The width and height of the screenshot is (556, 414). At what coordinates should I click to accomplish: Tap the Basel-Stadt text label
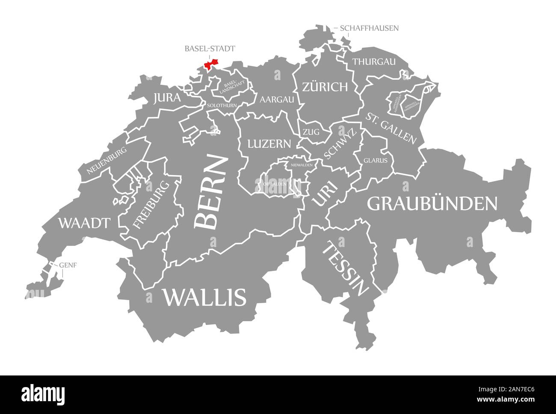pyautogui.click(x=210, y=49)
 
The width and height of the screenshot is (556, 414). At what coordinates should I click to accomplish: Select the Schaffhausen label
pyautogui.click(x=370, y=28)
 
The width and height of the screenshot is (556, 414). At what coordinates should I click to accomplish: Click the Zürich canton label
pyautogui.click(x=325, y=87)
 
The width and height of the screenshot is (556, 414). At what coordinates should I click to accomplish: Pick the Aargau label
pyautogui.click(x=277, y=100)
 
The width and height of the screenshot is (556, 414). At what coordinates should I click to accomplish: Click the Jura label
pyautogui.click(x=167, y=98)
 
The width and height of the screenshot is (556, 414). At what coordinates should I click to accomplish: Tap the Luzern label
pyautogui.click(x=269, y=143)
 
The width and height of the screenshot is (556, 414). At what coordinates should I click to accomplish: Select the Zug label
pyautogui.click(x=311, y=132)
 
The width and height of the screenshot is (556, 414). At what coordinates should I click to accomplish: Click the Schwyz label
pyautogui.click(x=340, y=144)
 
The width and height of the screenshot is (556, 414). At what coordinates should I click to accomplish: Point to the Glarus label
pyautogui.click(x=376, y=161)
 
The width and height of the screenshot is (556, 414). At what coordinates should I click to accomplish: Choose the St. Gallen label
pyautogui.click(x=391, y=128)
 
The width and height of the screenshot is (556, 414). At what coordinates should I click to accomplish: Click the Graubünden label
pyautogui.click(x=432, y=204)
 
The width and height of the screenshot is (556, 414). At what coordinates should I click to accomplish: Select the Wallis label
pyautogui.click(x=204, y=297)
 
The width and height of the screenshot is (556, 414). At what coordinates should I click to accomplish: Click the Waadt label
pyautogui.click(x=84, y=222)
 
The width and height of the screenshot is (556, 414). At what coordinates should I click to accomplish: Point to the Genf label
pyautogui.click(x=68, y=265)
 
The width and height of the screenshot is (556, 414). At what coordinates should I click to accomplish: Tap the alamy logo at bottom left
pyautogui.click(x=43, y=393)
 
